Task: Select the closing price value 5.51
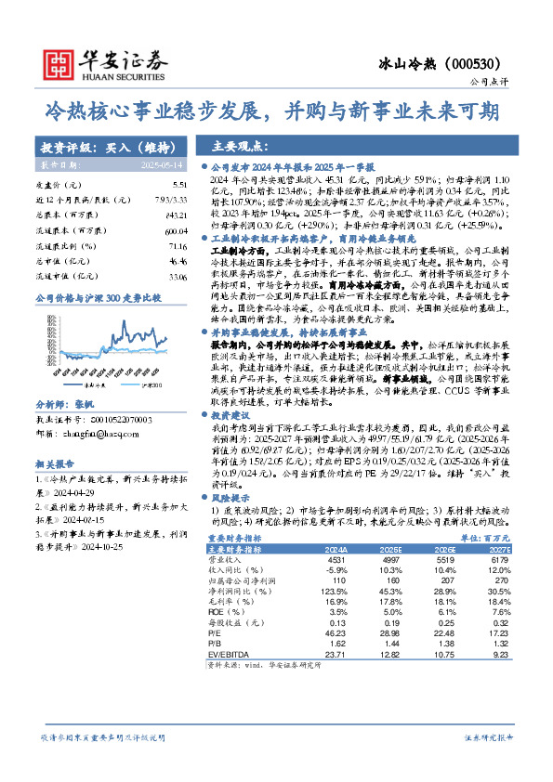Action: click(x=179, y=186)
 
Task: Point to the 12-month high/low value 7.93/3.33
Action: click(x=172, y=200)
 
